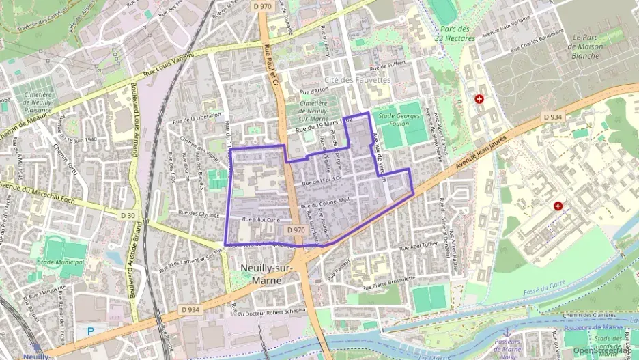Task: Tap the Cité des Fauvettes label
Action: coord(357,80)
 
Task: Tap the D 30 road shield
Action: coord(128,215)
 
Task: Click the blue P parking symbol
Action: coord(91,331)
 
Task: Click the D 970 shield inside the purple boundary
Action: coord(296,230)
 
